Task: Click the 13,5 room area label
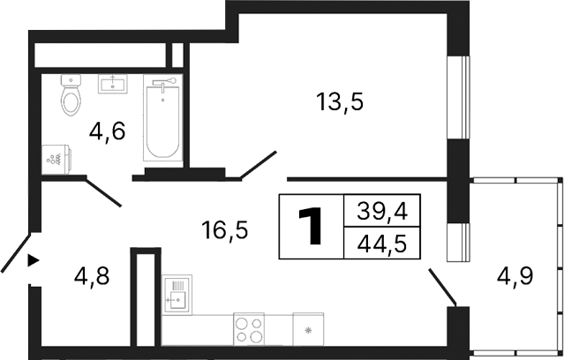point(340,101)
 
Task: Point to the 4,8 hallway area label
point(91,277)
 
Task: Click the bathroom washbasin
point(113,84)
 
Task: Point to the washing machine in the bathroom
point(56,160)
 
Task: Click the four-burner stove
point(250,329)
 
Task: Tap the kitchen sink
point(177,295)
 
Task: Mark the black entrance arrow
point(34,260)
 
